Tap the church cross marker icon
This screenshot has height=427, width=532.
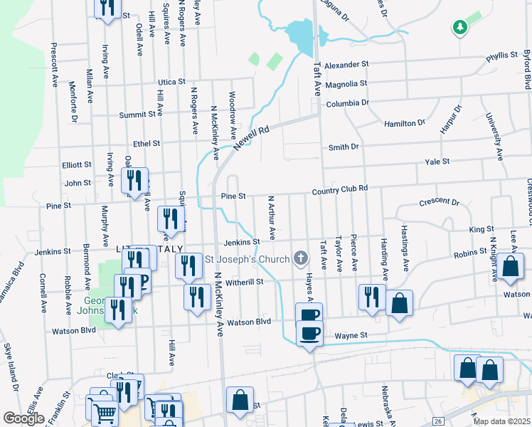pos(301,258)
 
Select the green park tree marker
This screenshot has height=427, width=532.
pos(460,28)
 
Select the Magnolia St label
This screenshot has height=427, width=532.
pos(346,84)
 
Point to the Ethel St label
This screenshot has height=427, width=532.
pos(147,143)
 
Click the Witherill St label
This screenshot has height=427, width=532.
pos(245,282)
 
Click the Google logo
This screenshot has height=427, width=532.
pos(23,418)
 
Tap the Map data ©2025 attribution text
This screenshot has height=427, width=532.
pos(501,421)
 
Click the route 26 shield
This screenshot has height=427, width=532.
pos(439,421)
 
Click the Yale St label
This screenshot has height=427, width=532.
pos(437,162)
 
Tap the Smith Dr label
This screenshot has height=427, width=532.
pos(343,147)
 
